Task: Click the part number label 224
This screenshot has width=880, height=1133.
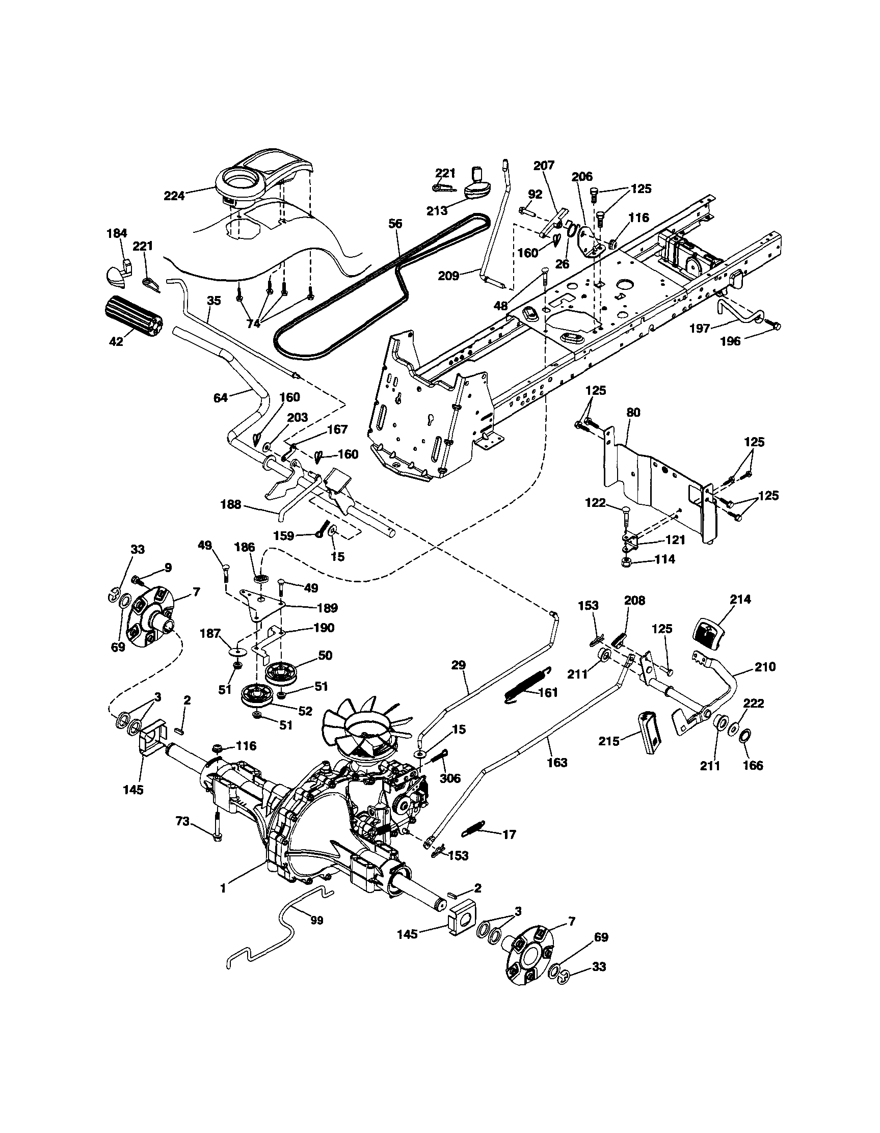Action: (x=174, y=196)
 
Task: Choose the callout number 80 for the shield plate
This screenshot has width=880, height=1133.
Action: (x=633, y=413)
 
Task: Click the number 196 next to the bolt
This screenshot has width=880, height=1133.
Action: (x=731, y=341)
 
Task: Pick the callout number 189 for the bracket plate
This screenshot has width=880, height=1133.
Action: (x=328, y=607)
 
